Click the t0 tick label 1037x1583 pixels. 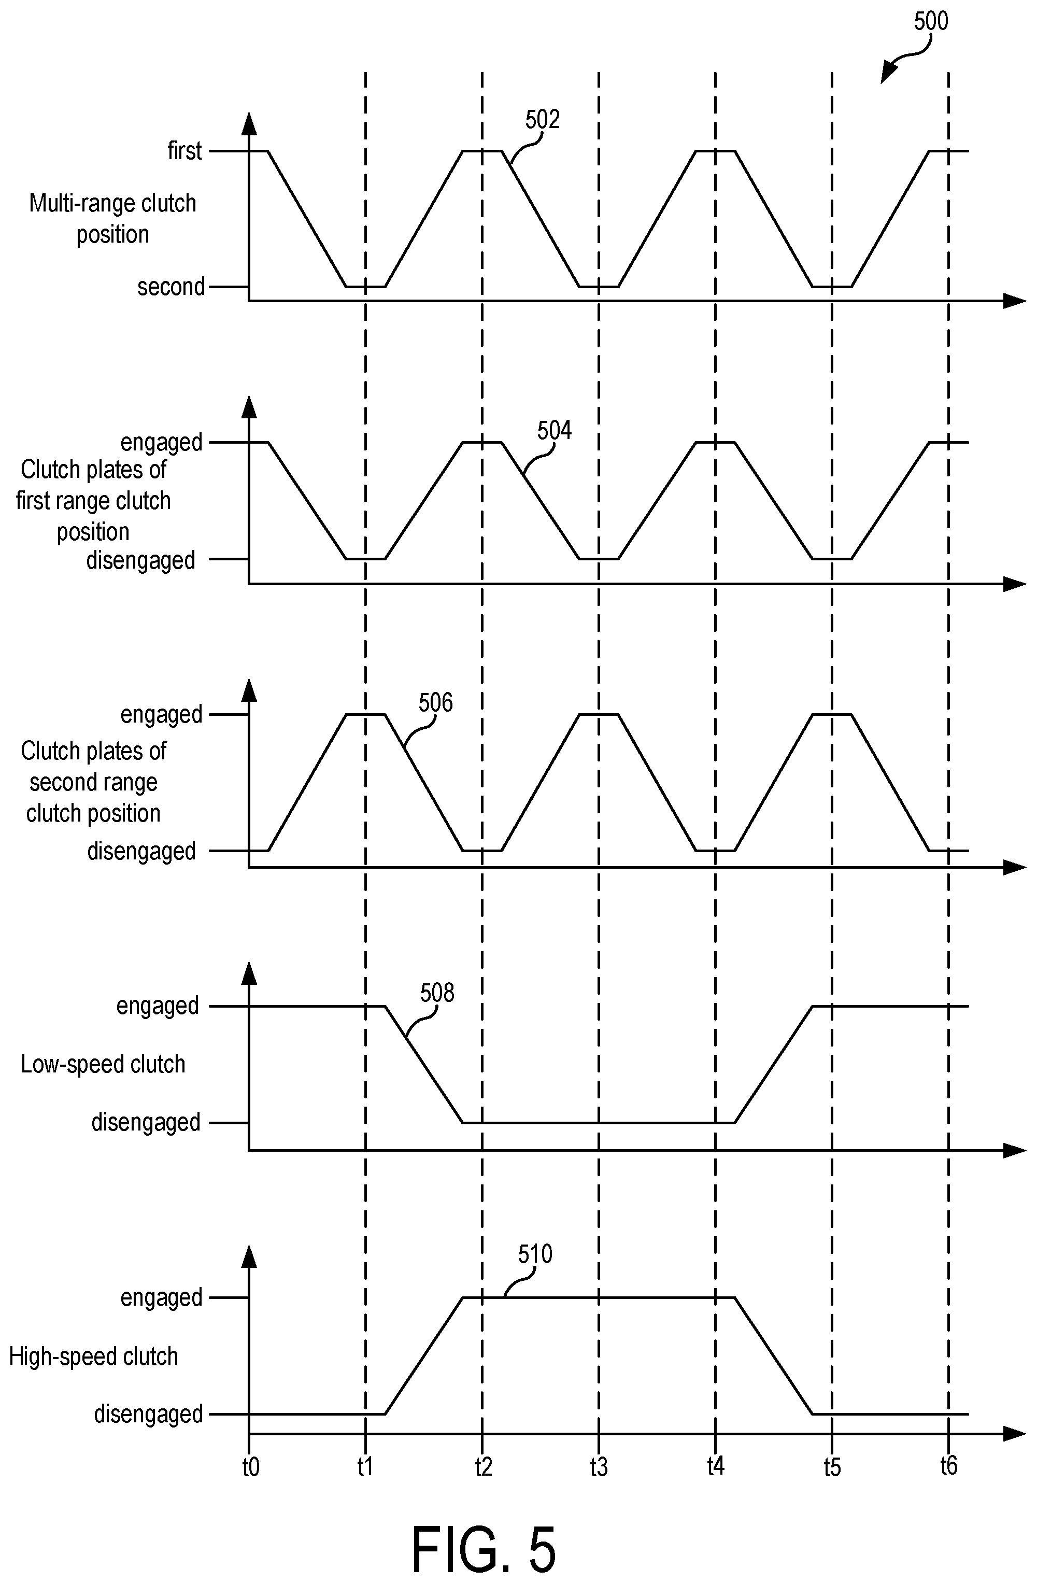pos(250,1466)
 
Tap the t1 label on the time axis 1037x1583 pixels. pos(365,1466)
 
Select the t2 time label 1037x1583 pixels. pos(484,1466)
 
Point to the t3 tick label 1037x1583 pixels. pos(599,1466)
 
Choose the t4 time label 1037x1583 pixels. pos(716,1466)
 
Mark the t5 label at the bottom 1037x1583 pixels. pos(832,1466)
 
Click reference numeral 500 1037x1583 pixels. pos(931,22)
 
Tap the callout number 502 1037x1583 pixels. pos(543,120)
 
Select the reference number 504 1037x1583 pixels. pos(554,431)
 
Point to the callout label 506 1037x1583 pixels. pos(436,703)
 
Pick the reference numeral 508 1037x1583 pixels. pos(437,993)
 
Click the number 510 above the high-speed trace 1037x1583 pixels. pos(535,1254)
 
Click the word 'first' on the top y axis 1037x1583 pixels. pos(184,151)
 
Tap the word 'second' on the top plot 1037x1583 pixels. pos(171,287)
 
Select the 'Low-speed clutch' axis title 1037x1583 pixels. pos(103,1065)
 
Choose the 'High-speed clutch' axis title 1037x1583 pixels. pos(94,1357)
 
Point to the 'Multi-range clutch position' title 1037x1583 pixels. pos(112,219)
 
